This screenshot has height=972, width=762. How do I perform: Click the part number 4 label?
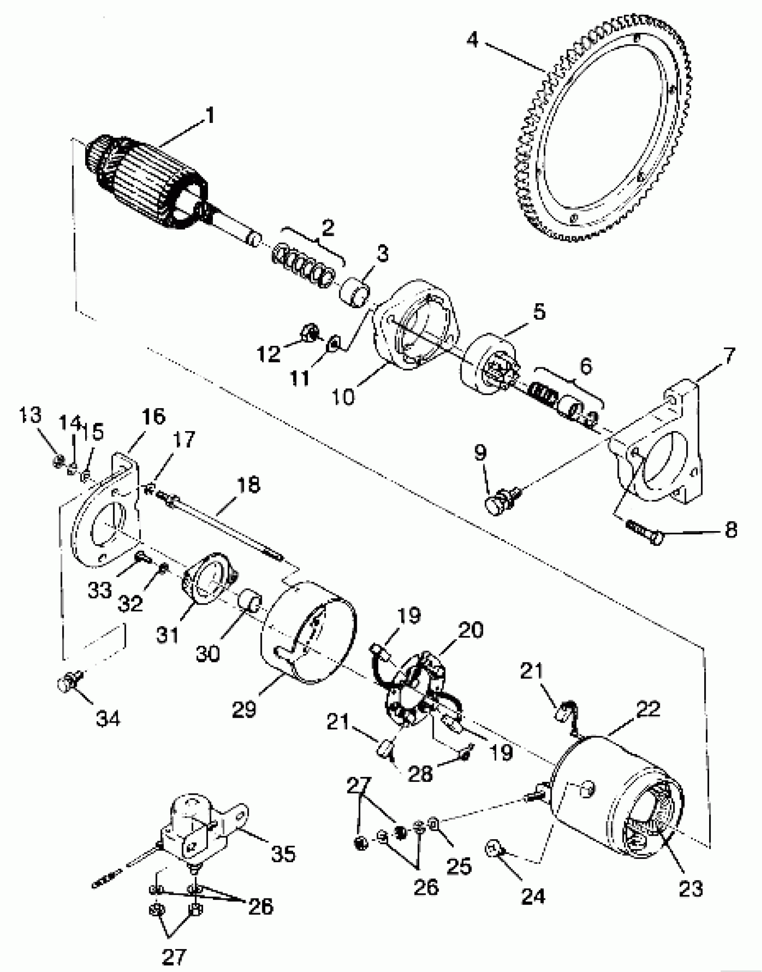[472, 40]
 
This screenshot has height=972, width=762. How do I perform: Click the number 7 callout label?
[730, 356]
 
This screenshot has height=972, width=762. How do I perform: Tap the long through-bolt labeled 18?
[224, 527]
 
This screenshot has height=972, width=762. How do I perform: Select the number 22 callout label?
[648, 709]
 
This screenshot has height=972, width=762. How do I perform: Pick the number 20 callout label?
[471, 630]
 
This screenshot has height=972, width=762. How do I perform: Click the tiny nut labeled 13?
[57, 461]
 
